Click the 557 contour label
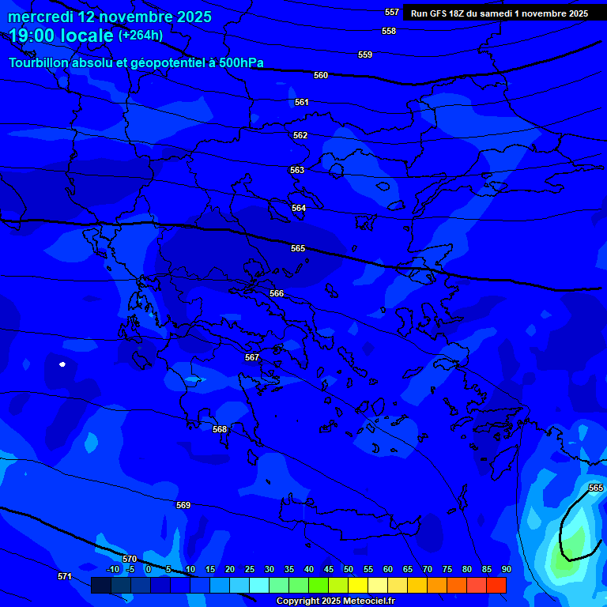(392, 12)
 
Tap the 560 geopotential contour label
(321, 75)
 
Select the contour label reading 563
(297, 170)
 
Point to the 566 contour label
(277, 293)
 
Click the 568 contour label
(220, 429)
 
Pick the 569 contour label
(183, 505)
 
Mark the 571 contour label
(65, 576)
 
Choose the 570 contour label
(130, 559)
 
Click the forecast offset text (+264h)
(141, 35)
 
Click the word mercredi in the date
(42, 16)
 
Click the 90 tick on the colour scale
(506, 569)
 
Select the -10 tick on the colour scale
(112, 569)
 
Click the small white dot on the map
(62, 364)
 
